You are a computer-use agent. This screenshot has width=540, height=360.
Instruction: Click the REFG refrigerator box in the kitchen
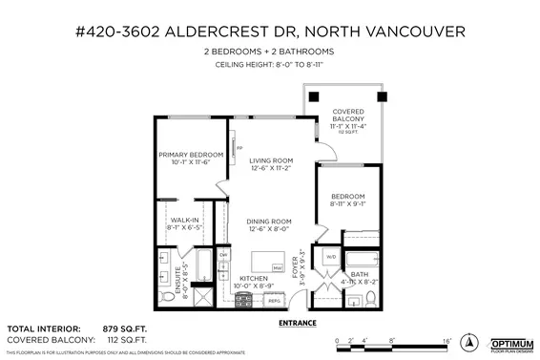coord(273,300)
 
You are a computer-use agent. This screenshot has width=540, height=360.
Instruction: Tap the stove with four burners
coord(241,299)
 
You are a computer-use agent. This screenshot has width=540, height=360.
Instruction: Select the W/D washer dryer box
coord(331,256)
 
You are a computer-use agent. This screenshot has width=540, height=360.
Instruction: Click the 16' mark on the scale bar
coord(445,338)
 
